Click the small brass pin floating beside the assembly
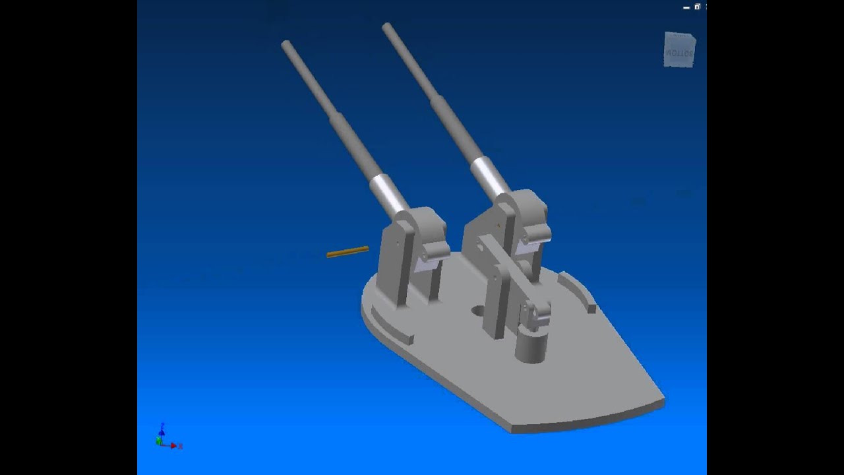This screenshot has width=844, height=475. tap(347, 251)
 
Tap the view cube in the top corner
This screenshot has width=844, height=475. tap(679, 50)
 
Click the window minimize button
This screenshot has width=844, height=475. tap(686, 7)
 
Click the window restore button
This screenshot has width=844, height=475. tap(697, 7)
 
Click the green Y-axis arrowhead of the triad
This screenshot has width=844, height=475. tap(158, 440)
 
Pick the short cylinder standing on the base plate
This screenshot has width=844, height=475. tap(531, 346)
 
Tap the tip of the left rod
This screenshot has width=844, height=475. tap(286, 44)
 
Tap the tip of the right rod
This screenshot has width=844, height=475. tap(386, 27)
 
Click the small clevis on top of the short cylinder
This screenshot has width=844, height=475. tap(536, 315)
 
